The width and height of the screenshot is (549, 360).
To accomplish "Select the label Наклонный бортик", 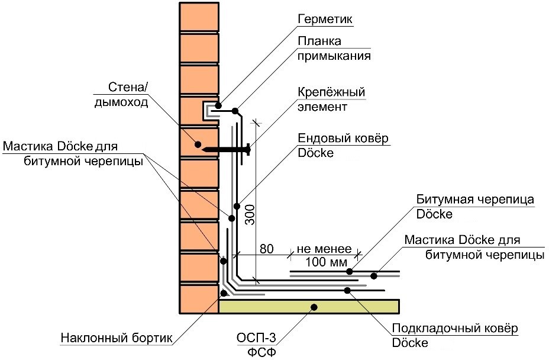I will click(x=116, y=338).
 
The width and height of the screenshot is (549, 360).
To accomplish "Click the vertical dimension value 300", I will click(x=250, y=214).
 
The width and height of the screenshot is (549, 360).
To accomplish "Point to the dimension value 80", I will click(x=267, y=249).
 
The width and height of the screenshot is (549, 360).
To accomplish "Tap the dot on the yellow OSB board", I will click(x=314, y=307).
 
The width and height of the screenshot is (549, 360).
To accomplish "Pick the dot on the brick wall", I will click(x=198, y=144).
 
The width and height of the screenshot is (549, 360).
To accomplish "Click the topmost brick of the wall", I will click(x=198, y=15).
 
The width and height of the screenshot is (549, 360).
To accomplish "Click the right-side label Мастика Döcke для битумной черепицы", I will click(x=473, y=247).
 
